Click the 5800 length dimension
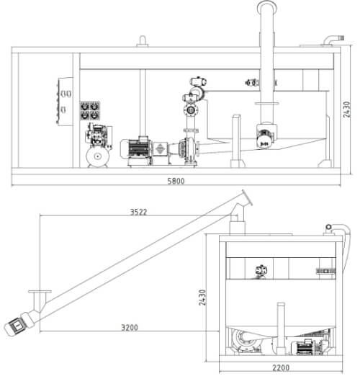tap(176, 181)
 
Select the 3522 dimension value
tap(138, 212)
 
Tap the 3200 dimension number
tap(130, 327)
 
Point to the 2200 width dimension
tap(281, 367)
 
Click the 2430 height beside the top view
tap(346, 110)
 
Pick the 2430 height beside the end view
tap(202, 298)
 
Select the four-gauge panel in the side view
tap(90, 111)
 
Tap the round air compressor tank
tap(98, 156)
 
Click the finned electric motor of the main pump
tap(136, 148)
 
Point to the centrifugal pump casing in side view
tap(189, 148)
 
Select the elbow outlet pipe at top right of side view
tap(333, 40)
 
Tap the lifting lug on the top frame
tap(143, 41)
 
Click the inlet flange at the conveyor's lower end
tap(40, 292)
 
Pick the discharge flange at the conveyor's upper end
tap(248, 198)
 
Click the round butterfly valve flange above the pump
tap(190, 110)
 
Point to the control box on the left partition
tap(65, 102)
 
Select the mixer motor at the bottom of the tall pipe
tap(266, 136)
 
